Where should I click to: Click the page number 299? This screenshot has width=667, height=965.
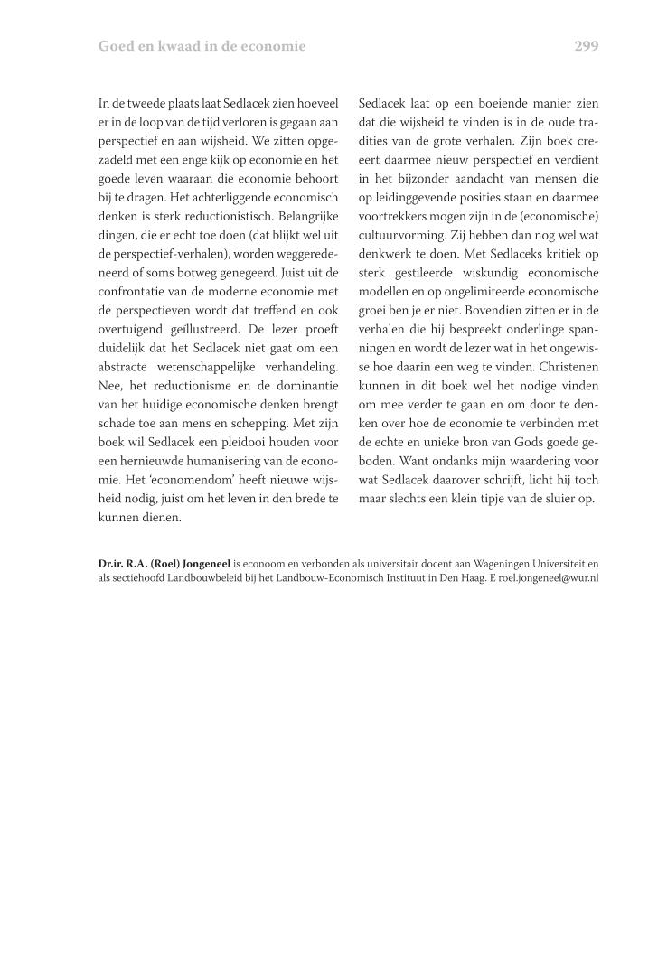click(x=586, y=46)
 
